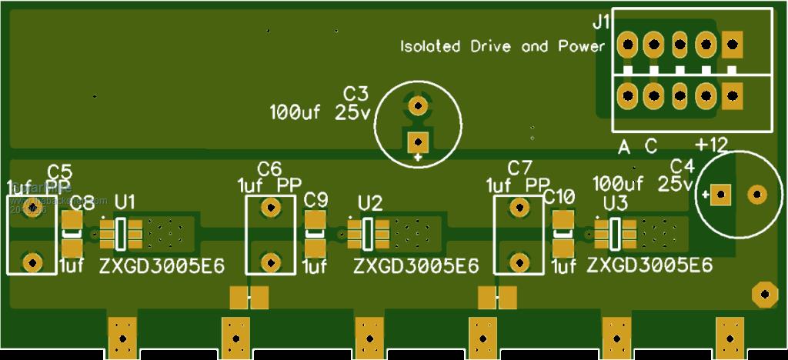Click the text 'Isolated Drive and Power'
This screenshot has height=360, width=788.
click(503, 47)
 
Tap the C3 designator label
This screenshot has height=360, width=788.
click(356, 94)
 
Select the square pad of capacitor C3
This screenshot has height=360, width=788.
click(418, 142)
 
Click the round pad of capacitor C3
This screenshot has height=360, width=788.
click(418, 104)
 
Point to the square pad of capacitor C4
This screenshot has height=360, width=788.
click(720, 195)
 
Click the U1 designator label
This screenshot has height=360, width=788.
click(125, 202)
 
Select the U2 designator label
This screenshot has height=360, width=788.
click(370, 203)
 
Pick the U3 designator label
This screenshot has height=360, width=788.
click(615, 203)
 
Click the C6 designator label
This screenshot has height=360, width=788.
click(269, 168)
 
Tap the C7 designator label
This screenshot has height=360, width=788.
click(519, 168)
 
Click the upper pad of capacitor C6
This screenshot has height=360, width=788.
click(269, 207)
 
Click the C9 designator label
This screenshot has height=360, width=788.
click(316, 200)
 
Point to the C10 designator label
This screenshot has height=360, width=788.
click(559, 198)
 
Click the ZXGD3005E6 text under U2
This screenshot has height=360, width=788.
click(416, 266)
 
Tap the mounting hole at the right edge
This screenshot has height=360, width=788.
click(763, 293)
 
